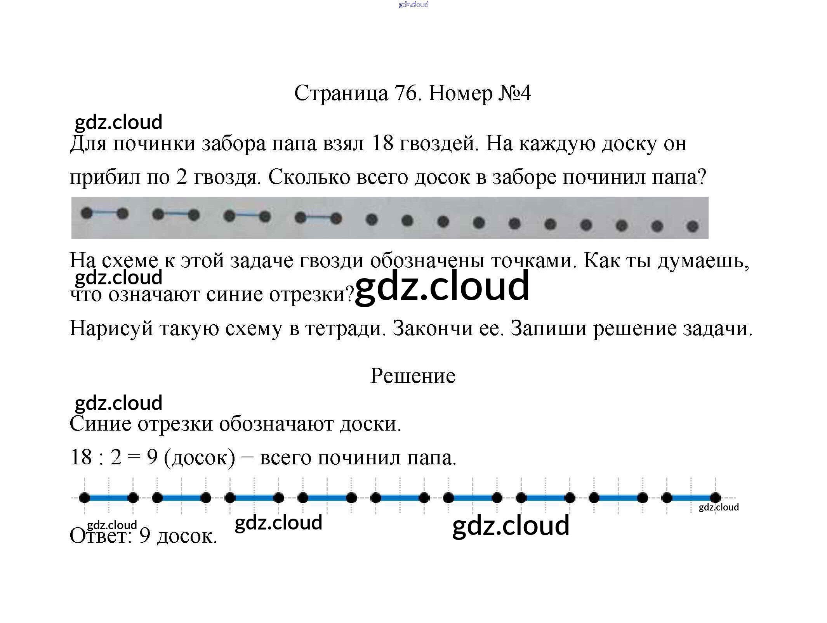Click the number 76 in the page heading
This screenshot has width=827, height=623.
[406, 93]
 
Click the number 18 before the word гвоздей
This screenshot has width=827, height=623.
[382, 143]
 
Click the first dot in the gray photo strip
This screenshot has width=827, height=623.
[87, 213]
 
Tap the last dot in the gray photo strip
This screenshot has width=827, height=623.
[692, 226]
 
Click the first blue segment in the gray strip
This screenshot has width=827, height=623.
[104, 213]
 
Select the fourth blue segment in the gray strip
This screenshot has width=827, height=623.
[318, 218]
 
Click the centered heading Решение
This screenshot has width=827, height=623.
[412, 376]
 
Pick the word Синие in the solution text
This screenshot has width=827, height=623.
[101, 423]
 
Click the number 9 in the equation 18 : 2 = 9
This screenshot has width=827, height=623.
[152, 457]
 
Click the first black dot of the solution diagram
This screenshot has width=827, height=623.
[84, 498]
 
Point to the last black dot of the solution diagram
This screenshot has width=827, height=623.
[715, 498]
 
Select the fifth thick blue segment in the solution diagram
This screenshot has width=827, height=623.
[400, 498]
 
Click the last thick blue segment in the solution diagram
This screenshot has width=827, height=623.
[691, 498]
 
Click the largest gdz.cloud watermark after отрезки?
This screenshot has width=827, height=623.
[442, 286]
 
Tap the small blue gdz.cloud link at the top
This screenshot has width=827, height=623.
[413, 4]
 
